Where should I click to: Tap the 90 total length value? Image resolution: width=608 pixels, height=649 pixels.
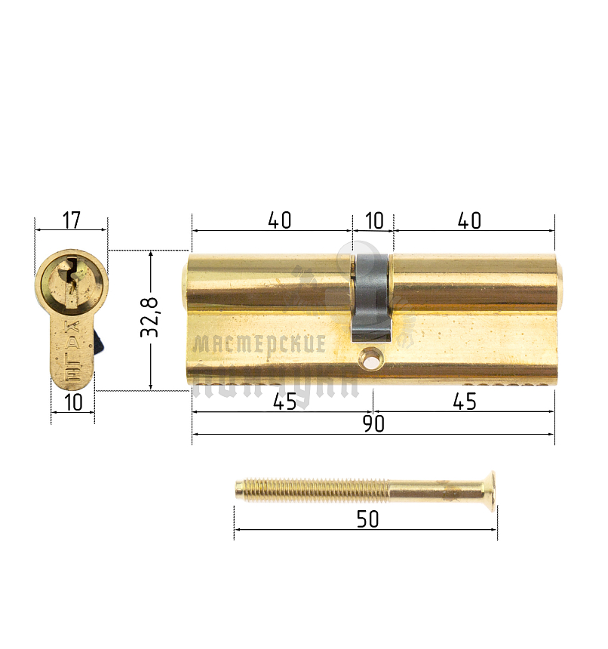(x=373, y=424)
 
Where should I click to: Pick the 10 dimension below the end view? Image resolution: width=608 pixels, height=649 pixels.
(x=73, y=402)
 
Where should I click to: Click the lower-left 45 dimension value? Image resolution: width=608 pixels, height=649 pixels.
(x=284, y=402)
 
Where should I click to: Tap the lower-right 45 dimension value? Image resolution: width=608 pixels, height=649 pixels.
(x=465, y=402)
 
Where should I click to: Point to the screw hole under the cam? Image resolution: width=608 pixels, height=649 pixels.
(x=371, y=361)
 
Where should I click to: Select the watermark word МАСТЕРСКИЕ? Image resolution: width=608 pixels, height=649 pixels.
(x=260, y=345)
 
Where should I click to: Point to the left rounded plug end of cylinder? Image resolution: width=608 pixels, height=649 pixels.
(x=186, y=286)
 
